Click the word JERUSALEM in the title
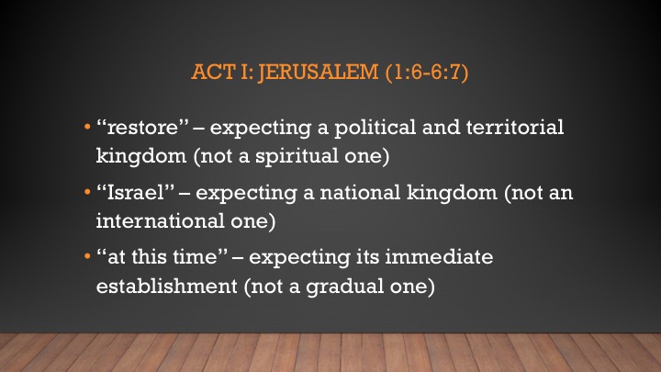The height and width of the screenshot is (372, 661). pyautogui.click(x=319, y=72)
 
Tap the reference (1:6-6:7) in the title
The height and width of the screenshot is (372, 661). pyautogui.click(x=427, y=73)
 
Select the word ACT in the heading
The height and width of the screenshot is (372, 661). pyautogui.click(x=213, y=72)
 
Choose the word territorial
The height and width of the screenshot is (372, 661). pyautogui.click(x=515, y=127)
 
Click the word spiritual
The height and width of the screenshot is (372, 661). pyautogui.click(x=297, y=156)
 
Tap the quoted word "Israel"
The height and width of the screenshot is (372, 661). pyautogui.click(x=136, y=192)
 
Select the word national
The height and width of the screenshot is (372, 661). pyautogui.click(x=360, y=192)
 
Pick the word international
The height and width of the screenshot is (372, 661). pyautogui.click(x=160, y=220)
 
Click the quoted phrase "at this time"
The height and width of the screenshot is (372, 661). pyautogui.click(x=162, y=257)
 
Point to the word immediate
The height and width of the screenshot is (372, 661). pyautogui.click(x=439, y=257)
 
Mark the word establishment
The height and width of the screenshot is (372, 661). pyautogui.click(x=167, y=286)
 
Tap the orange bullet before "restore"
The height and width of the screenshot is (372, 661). pyautogui.click(x=87, y=127)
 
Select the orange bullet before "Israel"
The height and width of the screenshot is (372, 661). pyautogui.click(x=87, y=192)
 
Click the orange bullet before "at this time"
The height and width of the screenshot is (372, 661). pyautogui.click(x=87, y=256)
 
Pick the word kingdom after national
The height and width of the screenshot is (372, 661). pyautogui.click(x=452, y=193)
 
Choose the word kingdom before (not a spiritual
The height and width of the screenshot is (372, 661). pyautogui.click(x=141, y=156)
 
